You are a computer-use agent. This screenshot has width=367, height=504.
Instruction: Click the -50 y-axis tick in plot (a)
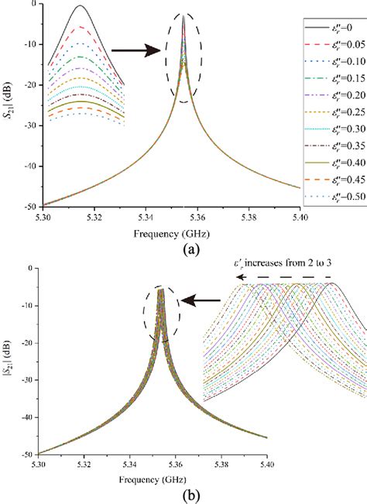28,207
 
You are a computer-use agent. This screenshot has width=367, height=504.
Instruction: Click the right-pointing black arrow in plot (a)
135,51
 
